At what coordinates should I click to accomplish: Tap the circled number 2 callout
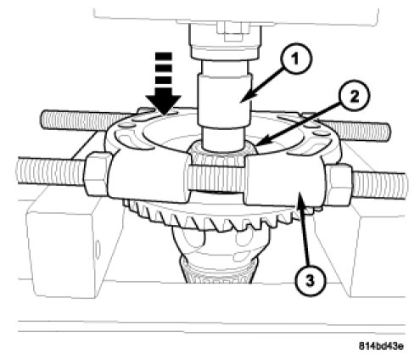(354, 98)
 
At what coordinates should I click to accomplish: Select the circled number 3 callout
(311, 281)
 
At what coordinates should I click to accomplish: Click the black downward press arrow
(163, 84)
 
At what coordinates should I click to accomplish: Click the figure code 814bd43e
(381, 346)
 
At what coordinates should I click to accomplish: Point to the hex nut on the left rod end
(95, 173)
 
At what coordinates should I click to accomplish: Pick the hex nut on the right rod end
(339, 184)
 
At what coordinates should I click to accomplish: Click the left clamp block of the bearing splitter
(148, 176)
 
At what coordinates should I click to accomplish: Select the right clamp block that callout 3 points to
(284, 181)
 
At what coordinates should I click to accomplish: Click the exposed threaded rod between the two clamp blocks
(216, 178)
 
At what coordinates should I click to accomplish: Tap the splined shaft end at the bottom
(219, 270)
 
